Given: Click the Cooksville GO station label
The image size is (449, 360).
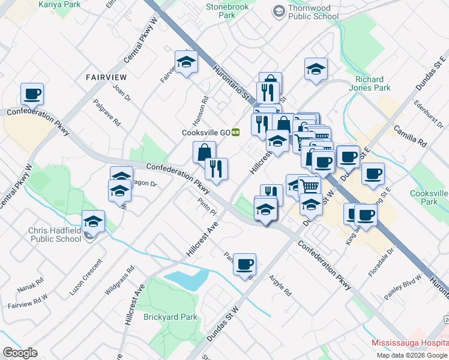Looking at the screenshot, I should click(206, 133).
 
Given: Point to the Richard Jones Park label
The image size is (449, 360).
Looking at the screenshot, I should click(373, 83).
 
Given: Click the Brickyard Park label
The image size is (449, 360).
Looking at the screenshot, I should click(170, 316).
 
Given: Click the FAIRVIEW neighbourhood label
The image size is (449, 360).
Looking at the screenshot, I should click(106, 77).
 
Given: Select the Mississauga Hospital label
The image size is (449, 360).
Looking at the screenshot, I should click(409, 343).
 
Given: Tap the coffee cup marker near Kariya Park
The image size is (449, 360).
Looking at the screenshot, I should click(32, 94).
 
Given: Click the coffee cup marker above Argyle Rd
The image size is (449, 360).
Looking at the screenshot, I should click(244, 264).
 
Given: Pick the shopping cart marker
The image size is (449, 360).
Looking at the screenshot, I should click(309, 185).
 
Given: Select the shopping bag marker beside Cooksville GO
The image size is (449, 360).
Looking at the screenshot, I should click(204, 152).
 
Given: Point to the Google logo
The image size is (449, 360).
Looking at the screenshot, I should click(20, 352).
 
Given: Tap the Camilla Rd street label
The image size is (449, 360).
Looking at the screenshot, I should click(409, 136).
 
